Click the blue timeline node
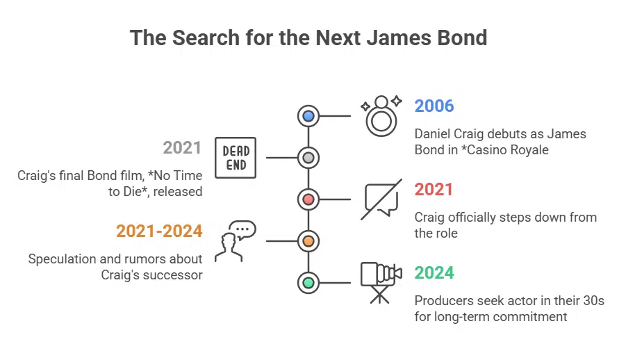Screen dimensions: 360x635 (x=308, y=116)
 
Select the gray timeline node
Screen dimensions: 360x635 (x=308, y=158)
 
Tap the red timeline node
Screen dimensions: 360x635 (x=308, y=199)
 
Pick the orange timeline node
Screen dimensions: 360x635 (x=308, y=241)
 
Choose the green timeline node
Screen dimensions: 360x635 (x=308, y=283)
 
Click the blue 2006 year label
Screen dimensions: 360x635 (x=434, y=106)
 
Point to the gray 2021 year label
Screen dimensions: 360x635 (x=182, y=148)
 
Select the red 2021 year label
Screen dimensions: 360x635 (x=434, y=190)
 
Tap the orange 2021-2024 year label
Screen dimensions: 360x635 (x=159, y=231)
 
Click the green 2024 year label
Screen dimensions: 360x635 (x=434, y=273)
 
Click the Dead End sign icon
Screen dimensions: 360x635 (x=236, y=158)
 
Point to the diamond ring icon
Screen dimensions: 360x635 (x=381, y=116)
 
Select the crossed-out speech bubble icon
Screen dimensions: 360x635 (x=381, y=199)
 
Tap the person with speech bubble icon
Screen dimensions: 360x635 (x=235, y=241)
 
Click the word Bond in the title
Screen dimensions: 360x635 (x=458, y=38)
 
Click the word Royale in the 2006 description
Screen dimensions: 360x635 (x=530, y=150)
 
